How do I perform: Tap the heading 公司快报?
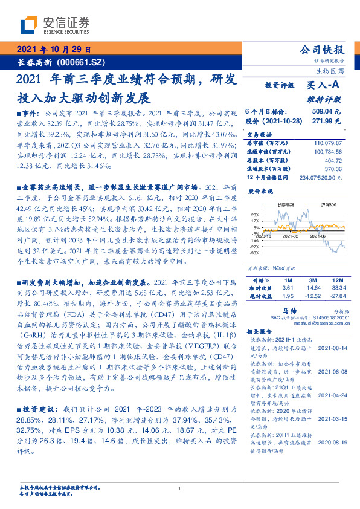point(322,50)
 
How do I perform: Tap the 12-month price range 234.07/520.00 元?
point(317,177)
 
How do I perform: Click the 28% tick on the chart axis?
point(255,215)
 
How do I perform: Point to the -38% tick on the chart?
point(254,253)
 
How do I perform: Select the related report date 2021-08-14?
point(329,349)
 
